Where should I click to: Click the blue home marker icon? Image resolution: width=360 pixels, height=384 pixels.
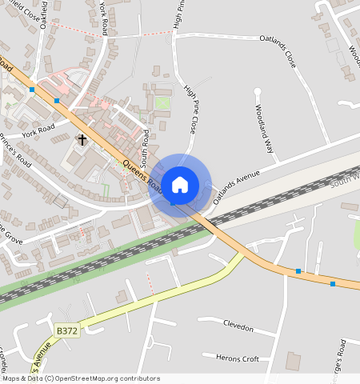pyautogui.click(x=180, y=185)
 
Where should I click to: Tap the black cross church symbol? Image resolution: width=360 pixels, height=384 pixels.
pyautogui.click(x=82, y=140)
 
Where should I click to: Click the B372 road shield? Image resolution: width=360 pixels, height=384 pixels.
pyautogui.click(x=66, y=329)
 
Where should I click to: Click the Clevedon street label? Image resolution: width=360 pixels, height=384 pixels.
pyautogui.click(x=238, y=329)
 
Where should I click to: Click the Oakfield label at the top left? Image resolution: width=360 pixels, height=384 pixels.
pyautogui.click(x=42, y=14)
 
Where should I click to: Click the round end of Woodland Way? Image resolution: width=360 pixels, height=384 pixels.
pyautogui.click(x=258, y=91)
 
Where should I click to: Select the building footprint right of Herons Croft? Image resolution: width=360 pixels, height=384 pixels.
pyautogui.click(x=294, y=362)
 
